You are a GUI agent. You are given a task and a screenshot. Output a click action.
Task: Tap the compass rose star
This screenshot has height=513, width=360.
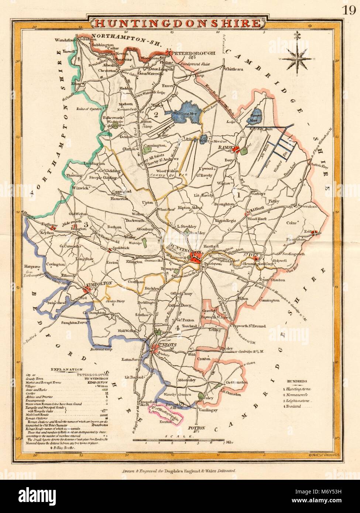click(297, 58)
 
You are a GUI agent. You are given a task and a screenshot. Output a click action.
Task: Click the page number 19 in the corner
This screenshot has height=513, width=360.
click(349, 10)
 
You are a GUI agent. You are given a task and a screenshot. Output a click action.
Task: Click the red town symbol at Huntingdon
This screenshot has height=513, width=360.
click(195, 258)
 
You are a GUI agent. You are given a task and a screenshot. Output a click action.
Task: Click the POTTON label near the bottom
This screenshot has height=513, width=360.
click(196, 428)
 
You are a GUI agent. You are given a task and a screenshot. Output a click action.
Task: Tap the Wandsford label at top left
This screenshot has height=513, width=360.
click(65, 39)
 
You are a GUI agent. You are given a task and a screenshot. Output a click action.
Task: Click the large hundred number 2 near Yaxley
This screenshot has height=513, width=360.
click(155, 115)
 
